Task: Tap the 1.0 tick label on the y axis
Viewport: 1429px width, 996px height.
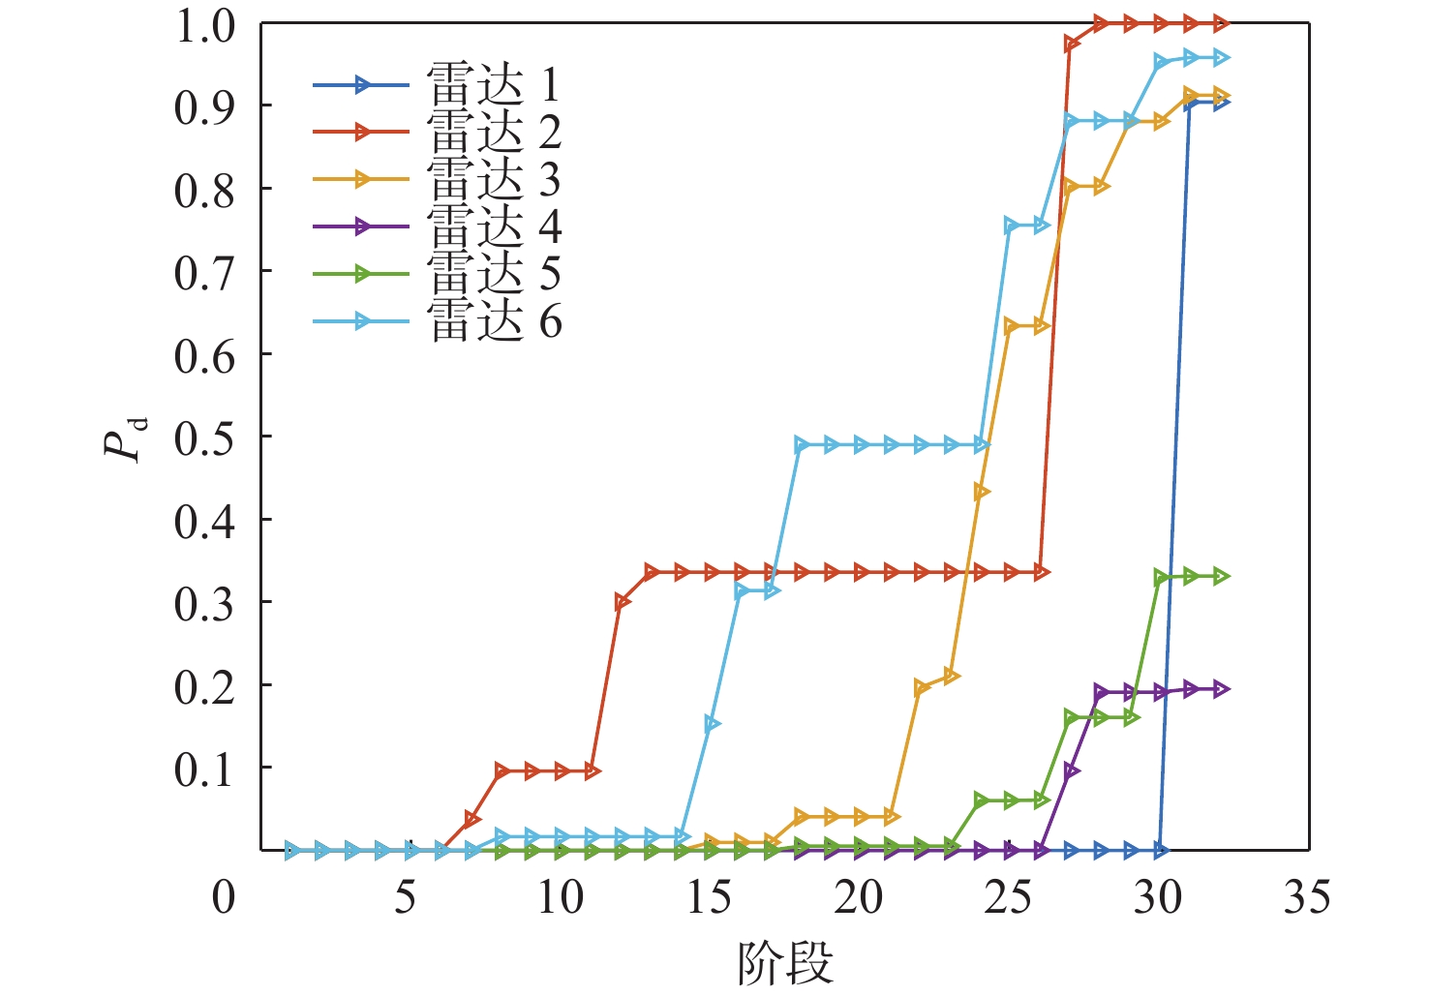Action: [x=204, y=27]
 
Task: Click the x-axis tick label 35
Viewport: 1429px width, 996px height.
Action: [x=1307, y=898]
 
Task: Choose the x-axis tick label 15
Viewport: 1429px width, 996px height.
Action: [x=710, y=898]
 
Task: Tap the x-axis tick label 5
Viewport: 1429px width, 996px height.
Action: [x=405, y=898]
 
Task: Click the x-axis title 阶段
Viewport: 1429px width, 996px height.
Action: [x=784, y=963]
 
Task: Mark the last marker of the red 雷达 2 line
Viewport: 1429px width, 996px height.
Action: [x=1221, y=22]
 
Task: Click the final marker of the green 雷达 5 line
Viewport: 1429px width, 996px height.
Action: [x=1221, y=577]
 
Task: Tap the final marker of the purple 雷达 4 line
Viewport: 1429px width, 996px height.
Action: [x=1221, y=689]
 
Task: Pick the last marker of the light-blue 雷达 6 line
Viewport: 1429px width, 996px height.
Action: [x=1221, y=58]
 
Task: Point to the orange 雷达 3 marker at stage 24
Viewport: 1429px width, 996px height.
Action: [x=982, y=492]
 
